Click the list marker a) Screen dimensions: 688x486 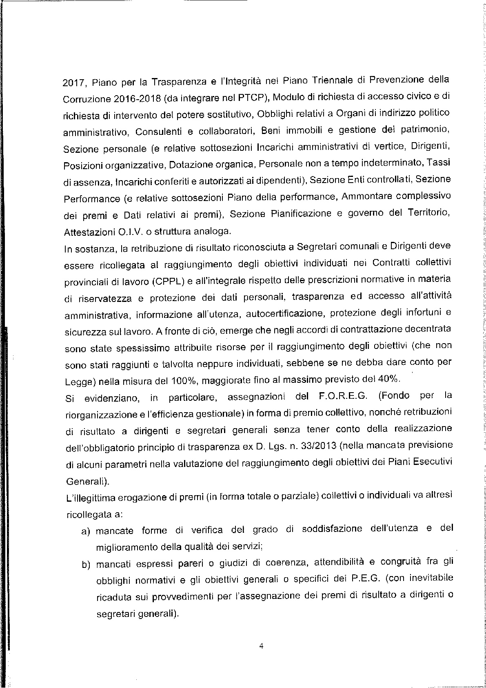(x=86, y=532)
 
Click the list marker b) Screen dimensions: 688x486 (x=86, y=565)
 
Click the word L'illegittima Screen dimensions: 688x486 (x=90, y=498)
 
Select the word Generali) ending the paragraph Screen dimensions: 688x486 (x=88, y=481)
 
